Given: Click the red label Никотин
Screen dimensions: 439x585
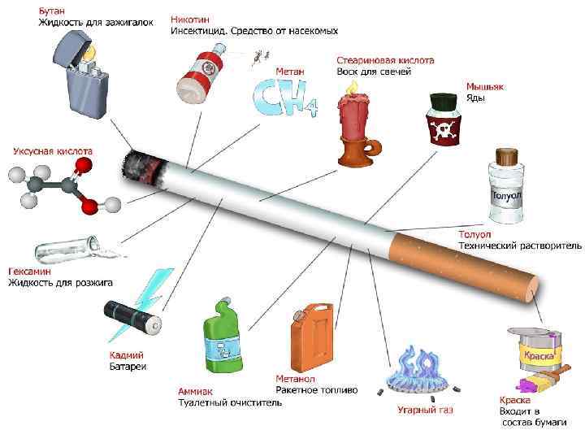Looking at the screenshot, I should (x=191, y=19).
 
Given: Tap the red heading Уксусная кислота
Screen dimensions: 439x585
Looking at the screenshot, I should (x=52, y=151).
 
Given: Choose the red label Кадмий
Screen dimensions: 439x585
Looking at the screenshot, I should (x=126, y=355).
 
